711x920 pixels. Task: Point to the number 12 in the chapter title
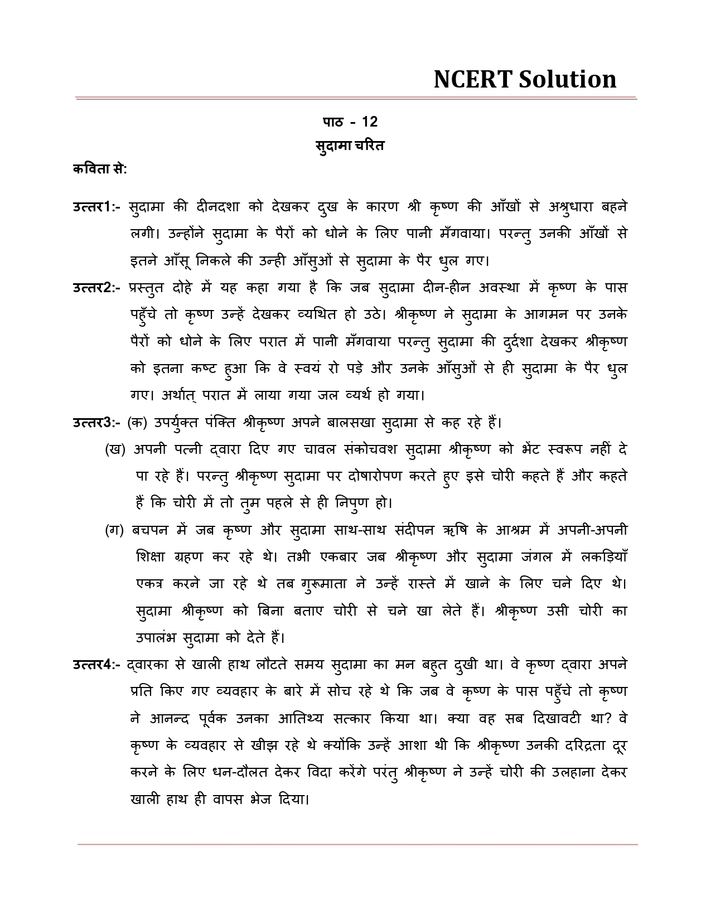tap(370, 122)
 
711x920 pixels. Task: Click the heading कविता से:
tap(100, 168)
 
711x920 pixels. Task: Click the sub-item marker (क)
tap(137, 423)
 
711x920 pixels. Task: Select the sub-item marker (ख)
tap(115, 449)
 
